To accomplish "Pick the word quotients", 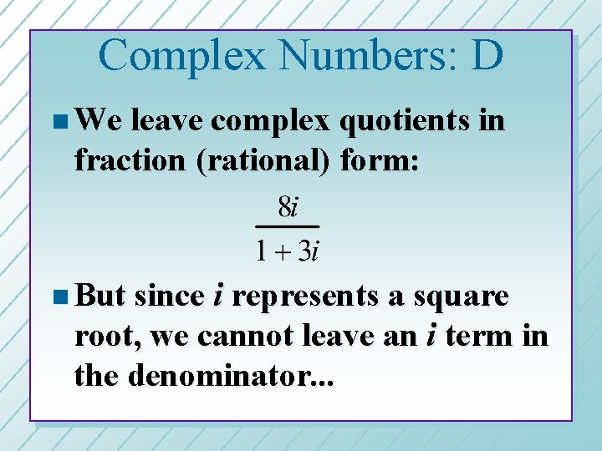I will tap(400, 121).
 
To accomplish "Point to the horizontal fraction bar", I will tap(287, 226).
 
